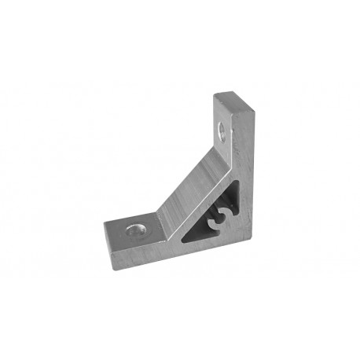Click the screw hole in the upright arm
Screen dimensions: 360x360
(x=223, y=129)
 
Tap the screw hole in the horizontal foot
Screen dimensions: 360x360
(x=137, y=229)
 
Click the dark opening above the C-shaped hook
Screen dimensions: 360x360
(x=229, y=200)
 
